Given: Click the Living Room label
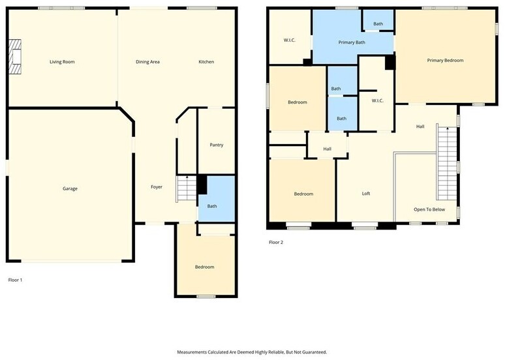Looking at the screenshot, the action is coord(62,62).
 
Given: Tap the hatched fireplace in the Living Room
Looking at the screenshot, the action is coord(15,57).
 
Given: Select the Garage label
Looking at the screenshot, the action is coord(70,188).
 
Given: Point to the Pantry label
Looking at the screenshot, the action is coord(217,145).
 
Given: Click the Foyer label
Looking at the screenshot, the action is coord(157,187).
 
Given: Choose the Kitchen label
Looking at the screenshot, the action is coord(206,62).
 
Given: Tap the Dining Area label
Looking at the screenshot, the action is coord(148,62).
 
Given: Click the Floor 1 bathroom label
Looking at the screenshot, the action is coord(212,206).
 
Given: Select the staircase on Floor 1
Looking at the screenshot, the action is coord(187,188).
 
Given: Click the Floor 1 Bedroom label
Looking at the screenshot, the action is coord(204,267).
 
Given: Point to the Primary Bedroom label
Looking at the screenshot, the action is coord(446,60).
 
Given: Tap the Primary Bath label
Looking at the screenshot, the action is coord(352,42).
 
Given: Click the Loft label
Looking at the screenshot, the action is coord(366,194).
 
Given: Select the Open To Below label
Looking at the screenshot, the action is coord(429,209).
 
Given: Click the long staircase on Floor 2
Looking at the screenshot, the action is coord(447,162).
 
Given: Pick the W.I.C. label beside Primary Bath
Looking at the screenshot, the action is coord(290,40).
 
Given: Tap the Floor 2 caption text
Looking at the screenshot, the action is coord(276,242).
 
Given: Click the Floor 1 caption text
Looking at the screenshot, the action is coord(15,280).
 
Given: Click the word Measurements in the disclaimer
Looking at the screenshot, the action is coord(192,352).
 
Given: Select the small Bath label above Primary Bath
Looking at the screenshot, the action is coord(378,24).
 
